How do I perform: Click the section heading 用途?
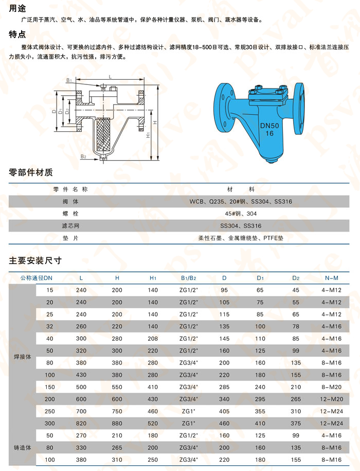(16, 8)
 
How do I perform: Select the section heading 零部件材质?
(31, 172)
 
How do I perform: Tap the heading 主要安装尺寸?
(35, 260)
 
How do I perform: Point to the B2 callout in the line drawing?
(83, 155)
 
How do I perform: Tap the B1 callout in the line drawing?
(68, 80)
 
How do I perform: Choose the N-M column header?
(331, 278)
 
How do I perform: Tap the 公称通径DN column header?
(37, 278)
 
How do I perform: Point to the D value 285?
(224, 387)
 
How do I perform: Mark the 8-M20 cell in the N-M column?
(331, 387)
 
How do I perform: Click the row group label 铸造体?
(22, 448)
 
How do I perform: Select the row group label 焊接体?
(22, 356)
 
